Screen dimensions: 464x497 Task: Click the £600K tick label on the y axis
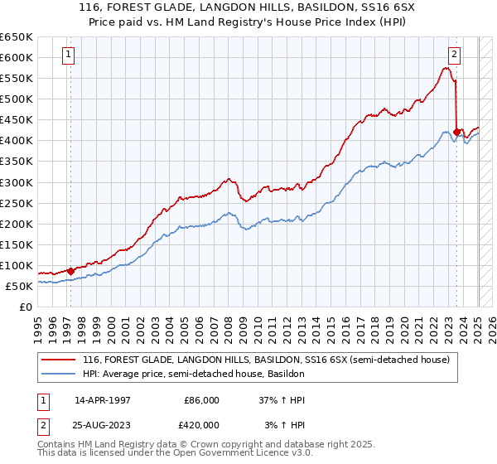(x=17, y=57)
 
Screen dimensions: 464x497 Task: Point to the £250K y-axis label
(x=17, y=203)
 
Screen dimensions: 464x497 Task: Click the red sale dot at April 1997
(x=70, y=271)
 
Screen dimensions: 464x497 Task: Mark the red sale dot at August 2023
(x=457, y=132)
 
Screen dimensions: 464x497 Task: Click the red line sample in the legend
(x=60, y=360)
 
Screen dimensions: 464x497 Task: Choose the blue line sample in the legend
(x=60, y=374)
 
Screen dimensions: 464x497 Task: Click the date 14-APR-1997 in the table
(x=102, y=399)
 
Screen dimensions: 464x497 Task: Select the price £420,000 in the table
(x=202, y=424)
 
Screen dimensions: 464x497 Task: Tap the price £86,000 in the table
(x=202, y=399)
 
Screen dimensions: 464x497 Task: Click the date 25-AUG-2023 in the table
(x=102, y=424)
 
